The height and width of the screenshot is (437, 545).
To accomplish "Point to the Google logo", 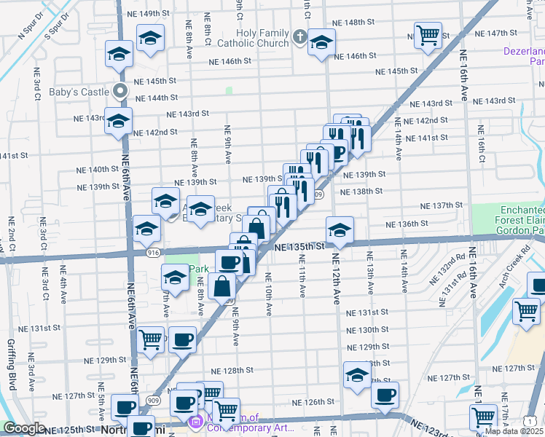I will tap(24, 428).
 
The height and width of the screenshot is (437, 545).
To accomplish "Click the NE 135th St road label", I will tap(300, 247).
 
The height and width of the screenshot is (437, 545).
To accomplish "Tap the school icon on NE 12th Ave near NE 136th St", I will tap(340, 229).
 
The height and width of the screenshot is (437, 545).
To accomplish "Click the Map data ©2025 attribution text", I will tap(514, 431).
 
